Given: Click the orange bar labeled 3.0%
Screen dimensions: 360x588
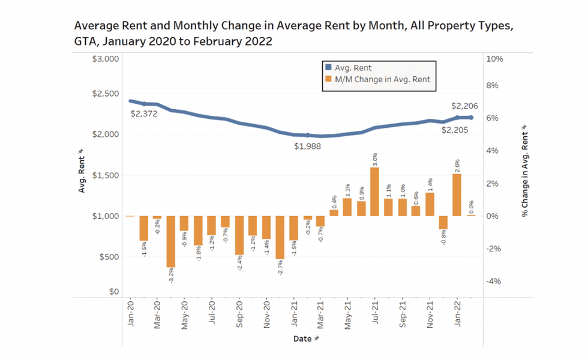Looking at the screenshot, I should (x=374, y=191).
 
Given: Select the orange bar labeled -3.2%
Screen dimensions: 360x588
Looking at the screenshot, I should (x=171, y=241).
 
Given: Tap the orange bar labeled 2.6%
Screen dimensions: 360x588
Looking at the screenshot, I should (x=457, y=194).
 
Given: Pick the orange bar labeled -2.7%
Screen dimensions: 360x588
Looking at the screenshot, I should (x=280, y=237).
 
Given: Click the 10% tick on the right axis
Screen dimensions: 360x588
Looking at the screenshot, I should (x=494, y=59).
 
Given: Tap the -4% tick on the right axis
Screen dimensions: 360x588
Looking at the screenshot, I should (x=493, y=281).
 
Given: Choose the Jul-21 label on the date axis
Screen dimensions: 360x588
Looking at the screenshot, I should (x=375, y=315).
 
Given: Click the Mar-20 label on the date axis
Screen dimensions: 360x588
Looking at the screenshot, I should (x=157, y=315).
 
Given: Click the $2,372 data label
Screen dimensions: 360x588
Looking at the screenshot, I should (x=143, y=113).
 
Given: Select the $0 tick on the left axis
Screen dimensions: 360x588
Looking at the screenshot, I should (x=114, y=292).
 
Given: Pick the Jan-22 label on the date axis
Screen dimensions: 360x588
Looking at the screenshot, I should (x=457, y=315).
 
